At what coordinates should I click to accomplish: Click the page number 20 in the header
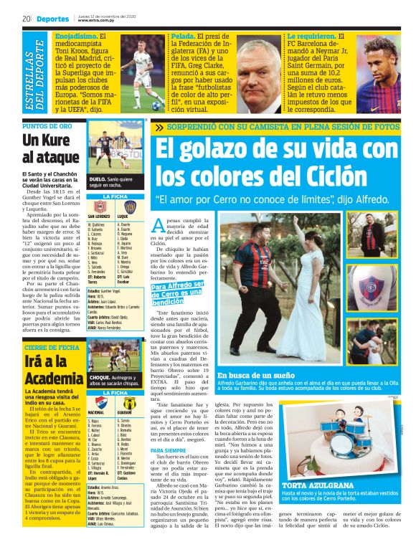point(25,18)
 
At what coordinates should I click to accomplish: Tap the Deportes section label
point(53,19)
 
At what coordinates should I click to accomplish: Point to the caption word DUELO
point(97,179)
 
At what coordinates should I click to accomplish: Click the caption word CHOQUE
point(99,376)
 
